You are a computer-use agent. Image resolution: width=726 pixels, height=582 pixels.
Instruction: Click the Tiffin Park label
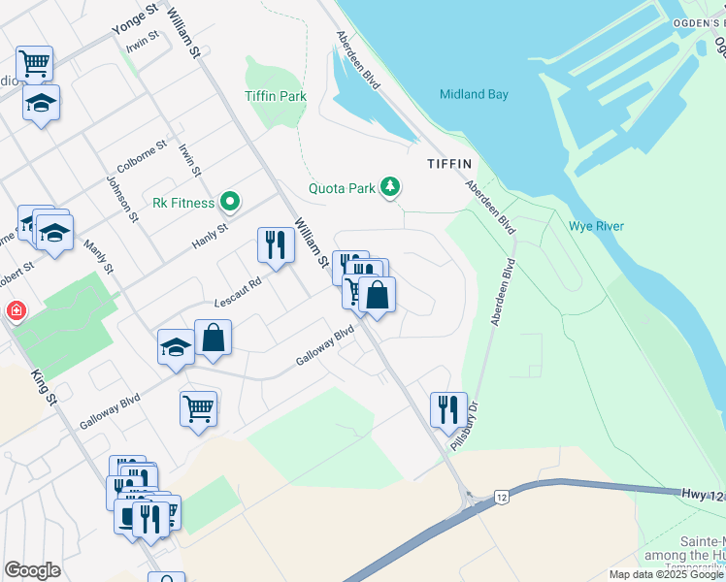tap(280, 96)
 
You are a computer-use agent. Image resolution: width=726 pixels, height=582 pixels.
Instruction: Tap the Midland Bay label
tap(474, 94)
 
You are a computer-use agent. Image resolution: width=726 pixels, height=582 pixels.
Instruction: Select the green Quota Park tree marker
tap(390, 186)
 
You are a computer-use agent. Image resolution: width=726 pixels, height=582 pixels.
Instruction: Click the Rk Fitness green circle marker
tap(230, 203)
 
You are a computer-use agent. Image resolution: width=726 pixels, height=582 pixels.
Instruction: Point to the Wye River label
tap(596, 226)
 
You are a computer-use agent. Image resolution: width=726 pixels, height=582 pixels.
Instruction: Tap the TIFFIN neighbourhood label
tap(448, 164)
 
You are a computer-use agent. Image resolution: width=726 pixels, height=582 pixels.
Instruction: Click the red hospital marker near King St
tap(16, 311)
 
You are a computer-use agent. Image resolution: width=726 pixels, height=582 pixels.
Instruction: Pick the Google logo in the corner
tap(32, 570)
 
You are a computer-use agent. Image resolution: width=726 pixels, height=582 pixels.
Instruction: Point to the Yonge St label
tap(134, 19)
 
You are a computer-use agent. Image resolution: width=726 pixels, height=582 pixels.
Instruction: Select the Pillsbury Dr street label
tap(466, 427)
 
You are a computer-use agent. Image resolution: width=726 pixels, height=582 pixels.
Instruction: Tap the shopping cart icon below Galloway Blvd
tap(198, 407)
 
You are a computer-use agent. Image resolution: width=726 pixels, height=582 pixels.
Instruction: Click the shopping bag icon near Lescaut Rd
tap(213, 338)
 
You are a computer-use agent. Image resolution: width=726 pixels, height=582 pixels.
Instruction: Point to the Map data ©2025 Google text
tap(665, 574)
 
